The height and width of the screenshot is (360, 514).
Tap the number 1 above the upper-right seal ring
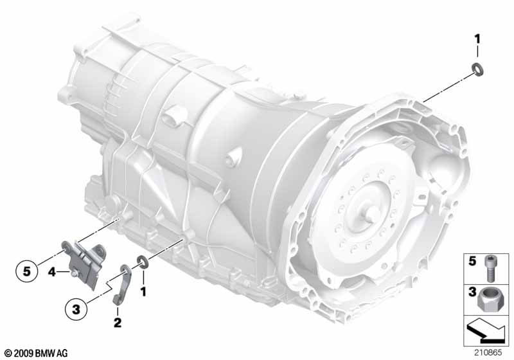pyautogui.click(x=477, y=39)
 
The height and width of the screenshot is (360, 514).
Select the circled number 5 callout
pyautogui.click(x=26, y=271)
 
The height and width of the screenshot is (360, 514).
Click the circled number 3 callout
pyautogui.click(x=76, y=309)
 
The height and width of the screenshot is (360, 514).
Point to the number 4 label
pyautogui.click(x=52, y=271)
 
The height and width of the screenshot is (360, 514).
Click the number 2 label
pyautogui.click(x=118, y=322)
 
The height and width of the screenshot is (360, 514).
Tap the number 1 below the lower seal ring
pyautogui.click(x=143, y=291)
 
